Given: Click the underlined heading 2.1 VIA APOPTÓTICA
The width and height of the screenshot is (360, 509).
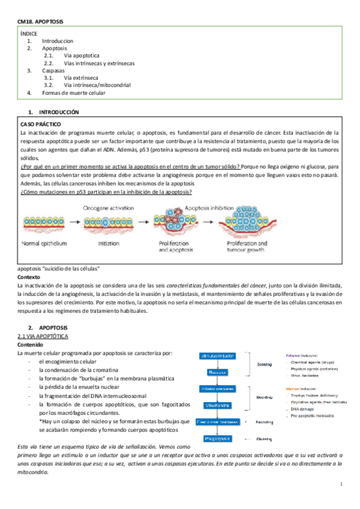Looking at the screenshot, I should [47, 337].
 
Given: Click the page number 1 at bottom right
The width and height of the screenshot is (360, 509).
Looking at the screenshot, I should [341, 484].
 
